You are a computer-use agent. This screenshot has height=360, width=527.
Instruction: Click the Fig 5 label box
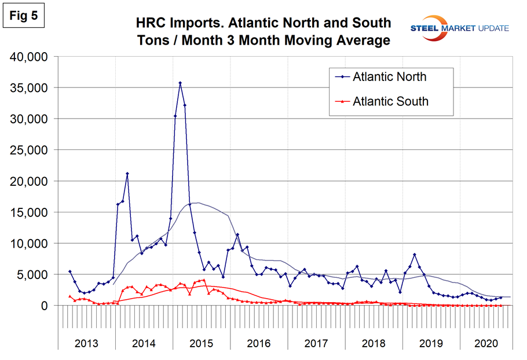[24, 16]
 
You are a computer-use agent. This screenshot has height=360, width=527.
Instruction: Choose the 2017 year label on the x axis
[316, 343]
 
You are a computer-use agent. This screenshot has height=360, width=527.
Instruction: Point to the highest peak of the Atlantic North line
[180, 83]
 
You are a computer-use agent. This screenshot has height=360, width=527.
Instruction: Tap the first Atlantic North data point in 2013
[70, 271]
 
